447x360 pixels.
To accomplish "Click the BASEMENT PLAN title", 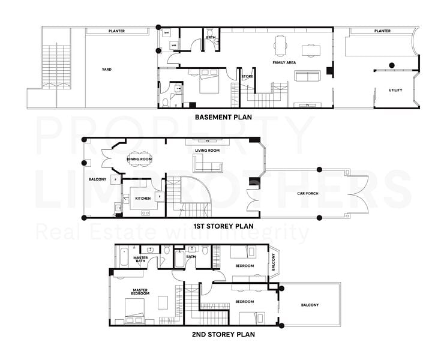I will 223,117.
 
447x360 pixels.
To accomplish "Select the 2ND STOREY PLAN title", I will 223,334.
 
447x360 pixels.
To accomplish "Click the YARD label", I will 106,70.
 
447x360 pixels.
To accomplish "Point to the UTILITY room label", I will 395,91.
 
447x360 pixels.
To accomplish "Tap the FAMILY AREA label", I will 283,62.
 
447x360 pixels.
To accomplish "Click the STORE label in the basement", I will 247,76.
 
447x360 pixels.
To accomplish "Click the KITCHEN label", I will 143,198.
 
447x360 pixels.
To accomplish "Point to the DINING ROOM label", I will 139,159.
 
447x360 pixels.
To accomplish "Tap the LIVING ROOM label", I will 208,151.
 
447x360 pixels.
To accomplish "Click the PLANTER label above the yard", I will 116,31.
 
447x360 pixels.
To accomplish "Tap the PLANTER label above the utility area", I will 382,31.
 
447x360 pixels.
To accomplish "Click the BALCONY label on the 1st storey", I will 98,179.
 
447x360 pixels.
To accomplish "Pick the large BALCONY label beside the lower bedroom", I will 310,305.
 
